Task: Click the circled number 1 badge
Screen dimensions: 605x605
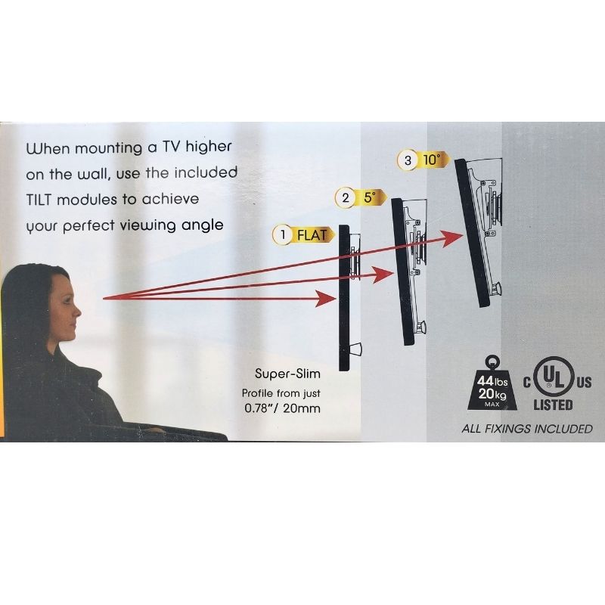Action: coord(283,235)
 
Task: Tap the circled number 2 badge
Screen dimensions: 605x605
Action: coord(346,197)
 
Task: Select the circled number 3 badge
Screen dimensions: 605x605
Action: coord(408,160)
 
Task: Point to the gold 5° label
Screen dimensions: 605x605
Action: coord(371,197)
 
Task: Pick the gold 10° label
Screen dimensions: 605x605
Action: coord(433,160)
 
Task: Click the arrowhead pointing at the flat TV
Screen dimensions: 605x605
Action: coord(327,299)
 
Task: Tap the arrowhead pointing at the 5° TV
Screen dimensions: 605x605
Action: coord(384,275)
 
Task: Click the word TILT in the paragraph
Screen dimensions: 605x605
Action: coord(39,200)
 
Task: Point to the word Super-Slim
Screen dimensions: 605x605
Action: coord(287,374)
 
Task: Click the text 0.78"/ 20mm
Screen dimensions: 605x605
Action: coord(282,408)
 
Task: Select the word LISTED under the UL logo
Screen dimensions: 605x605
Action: coord(553,405)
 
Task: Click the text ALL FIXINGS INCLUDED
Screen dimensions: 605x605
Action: coord(527,429)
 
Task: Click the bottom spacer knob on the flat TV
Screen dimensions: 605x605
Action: coord(355,349)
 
